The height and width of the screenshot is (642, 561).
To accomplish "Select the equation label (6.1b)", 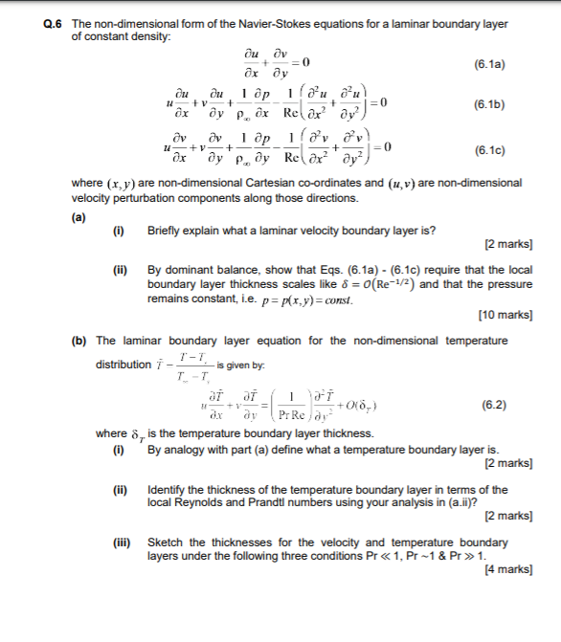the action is coord(489,107).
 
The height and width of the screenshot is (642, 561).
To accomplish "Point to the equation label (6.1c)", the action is coord(489,151).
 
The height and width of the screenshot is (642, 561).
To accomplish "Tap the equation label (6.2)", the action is coord(496,405).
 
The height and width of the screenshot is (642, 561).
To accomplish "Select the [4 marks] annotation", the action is coord(510,568).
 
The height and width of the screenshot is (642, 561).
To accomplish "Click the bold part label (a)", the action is coord(79,215).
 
